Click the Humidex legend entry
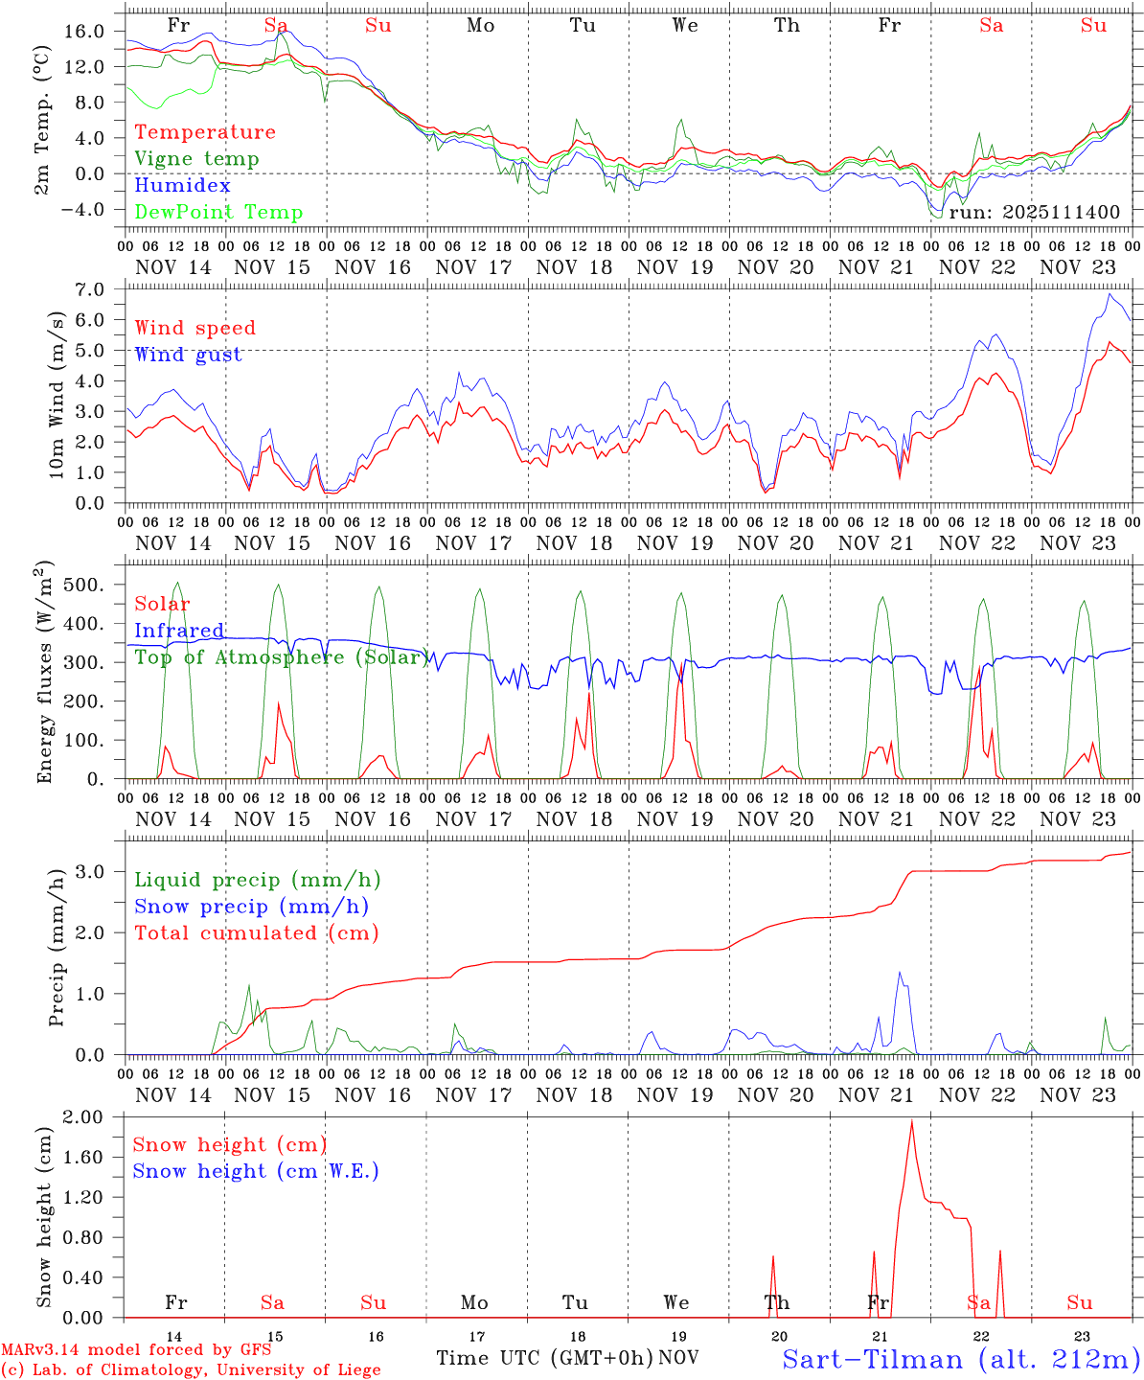tap(182, 186)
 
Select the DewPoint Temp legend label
tap(218, 213)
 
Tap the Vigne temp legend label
tap(196, 159)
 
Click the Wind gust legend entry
tap(188, 355)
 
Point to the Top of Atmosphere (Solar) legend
tap(282, 657)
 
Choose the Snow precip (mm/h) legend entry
tap(252, 907)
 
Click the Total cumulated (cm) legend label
tap(257, 933)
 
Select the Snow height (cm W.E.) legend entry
tap(256, 1171)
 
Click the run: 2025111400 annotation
tap(1034, 212)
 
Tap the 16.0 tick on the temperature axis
tap(85, 32)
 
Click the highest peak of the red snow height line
tap(911, 1121)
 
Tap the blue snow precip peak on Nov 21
tap(900, 973)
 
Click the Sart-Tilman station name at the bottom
tap(960, 1359)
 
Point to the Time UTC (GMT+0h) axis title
tap(544, 1358)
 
